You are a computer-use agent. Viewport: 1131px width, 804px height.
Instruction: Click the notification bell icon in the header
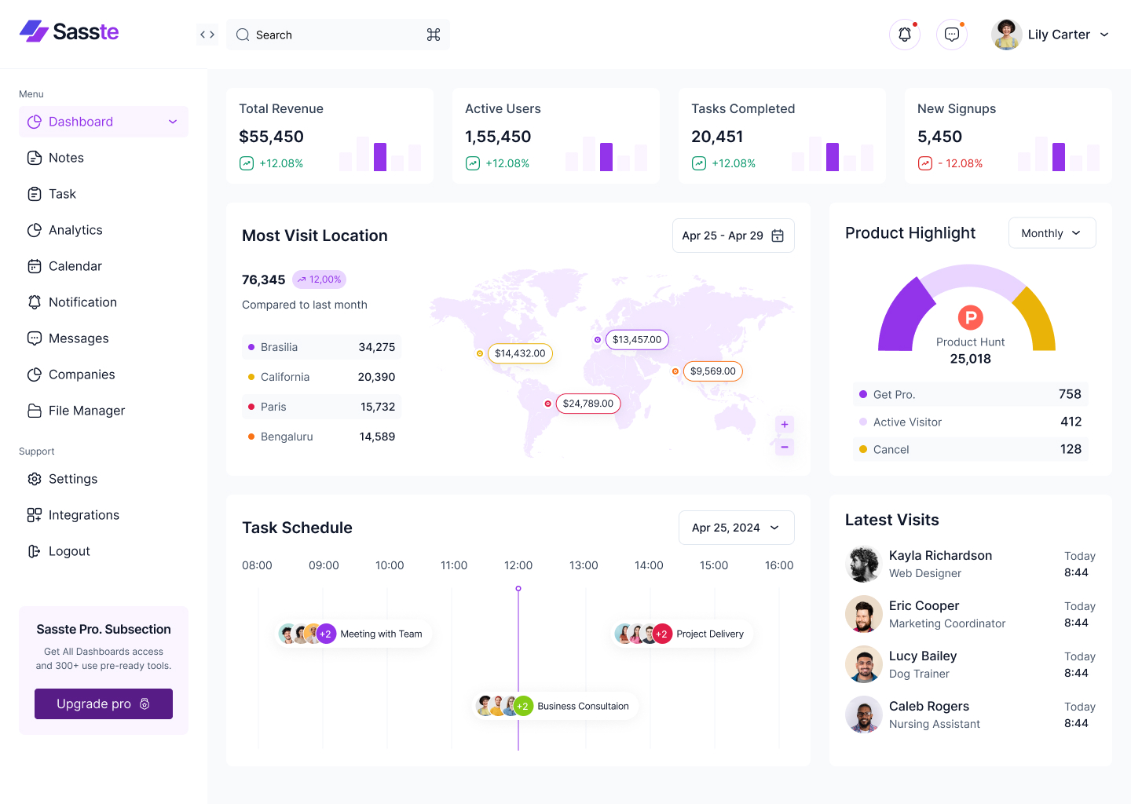coord(905,35)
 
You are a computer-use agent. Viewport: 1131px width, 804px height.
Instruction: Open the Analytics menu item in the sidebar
coord(75,230)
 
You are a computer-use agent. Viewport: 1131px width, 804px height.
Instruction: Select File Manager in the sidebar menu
coord(86,411)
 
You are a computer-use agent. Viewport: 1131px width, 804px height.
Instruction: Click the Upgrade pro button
coord(104,703)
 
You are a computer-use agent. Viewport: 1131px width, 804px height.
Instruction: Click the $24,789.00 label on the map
coord(587,404)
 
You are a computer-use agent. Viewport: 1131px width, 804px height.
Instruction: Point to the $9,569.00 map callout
coord(712,371)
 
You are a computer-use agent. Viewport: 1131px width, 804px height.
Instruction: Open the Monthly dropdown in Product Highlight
coord(1052,233)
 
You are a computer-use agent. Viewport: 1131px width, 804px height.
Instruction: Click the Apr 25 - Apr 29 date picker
coord(733,236)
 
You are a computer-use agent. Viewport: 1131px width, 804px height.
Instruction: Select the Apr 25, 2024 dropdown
coord(736,528)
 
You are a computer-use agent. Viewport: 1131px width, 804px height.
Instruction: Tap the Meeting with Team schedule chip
coord(381,634)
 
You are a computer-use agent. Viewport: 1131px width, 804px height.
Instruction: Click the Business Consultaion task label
coord(583,706)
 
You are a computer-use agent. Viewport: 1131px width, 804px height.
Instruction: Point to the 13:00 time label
coord(584,565)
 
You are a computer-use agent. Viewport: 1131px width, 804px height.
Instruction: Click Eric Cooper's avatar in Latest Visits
coord(863,614)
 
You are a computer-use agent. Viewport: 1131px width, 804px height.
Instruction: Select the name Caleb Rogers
coord(929,706)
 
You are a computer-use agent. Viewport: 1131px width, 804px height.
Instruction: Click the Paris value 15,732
coord(378,407)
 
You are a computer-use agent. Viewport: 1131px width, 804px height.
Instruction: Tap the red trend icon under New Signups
coord(925,163)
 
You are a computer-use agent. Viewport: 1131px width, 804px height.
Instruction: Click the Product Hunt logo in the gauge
coord(970,317)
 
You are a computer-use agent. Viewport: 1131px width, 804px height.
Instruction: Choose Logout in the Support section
coord(69,551)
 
